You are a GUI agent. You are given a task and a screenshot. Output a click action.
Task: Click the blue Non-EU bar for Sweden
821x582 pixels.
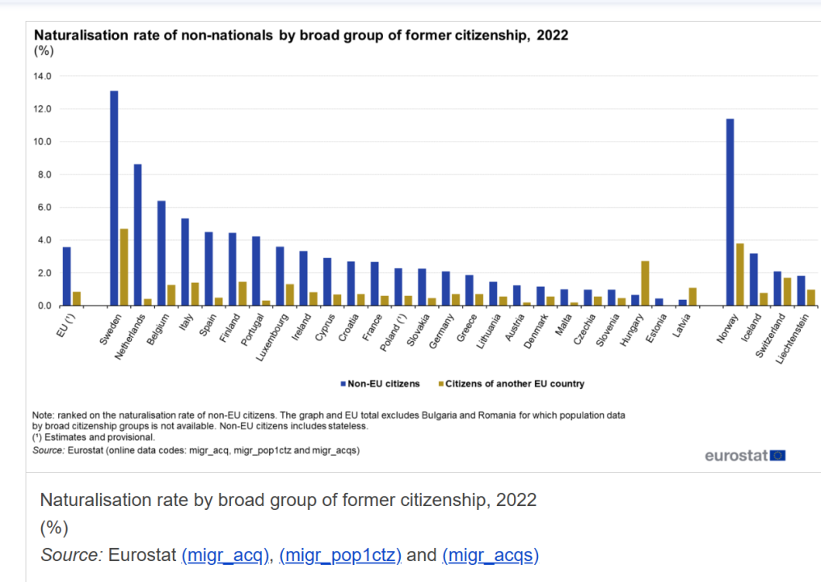114,198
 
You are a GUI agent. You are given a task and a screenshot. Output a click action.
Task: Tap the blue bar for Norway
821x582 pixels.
730,213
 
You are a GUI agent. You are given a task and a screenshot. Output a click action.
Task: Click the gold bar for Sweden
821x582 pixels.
124,268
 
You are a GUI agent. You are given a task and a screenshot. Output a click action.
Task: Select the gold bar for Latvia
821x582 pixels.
693,297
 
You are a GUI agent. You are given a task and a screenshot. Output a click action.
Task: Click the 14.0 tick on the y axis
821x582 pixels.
42,76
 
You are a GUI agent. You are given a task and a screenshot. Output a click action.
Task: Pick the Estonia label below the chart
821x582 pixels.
658,329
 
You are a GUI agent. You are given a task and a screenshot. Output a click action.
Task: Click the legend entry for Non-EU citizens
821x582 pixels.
380,384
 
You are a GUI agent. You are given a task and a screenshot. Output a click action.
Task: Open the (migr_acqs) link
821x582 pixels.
490,555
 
